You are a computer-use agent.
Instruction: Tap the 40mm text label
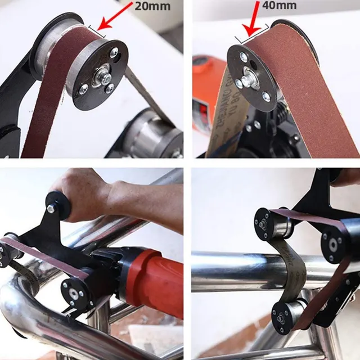pos(279,6)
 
